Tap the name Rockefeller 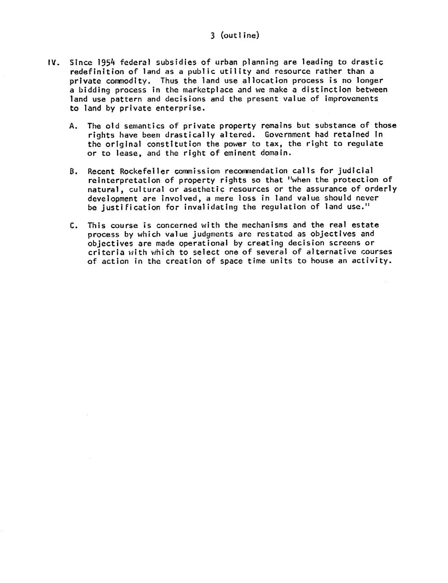coord(145,172)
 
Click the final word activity coord(374,261)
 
